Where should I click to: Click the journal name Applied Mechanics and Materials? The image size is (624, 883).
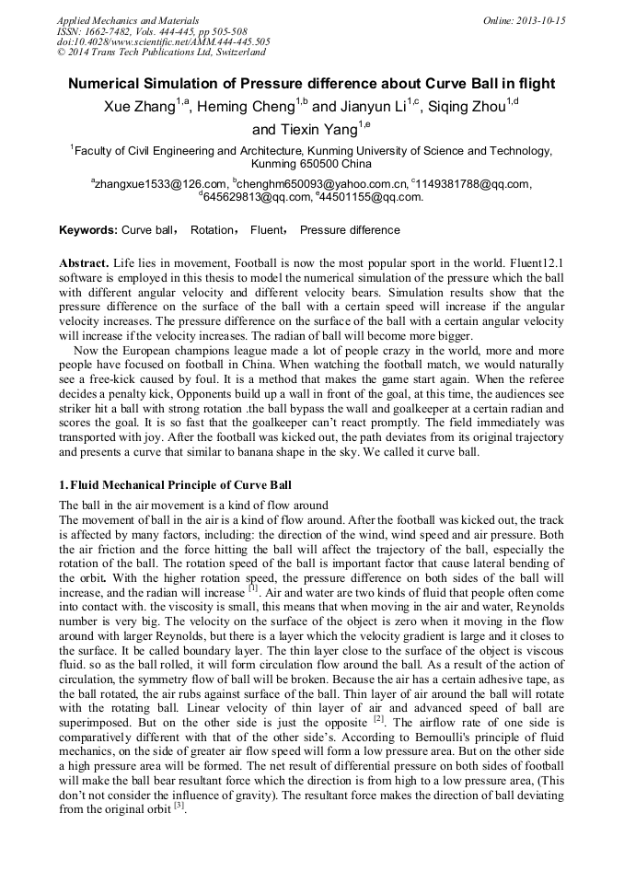tap(128, 19)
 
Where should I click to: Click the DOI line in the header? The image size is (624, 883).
tap(163, 41)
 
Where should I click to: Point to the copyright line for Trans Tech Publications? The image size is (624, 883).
tap(161, 52)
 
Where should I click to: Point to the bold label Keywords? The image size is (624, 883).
tap(88, 230)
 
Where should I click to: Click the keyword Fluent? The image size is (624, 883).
tap(267, 230)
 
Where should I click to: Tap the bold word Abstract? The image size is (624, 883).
tap(86, 262)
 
